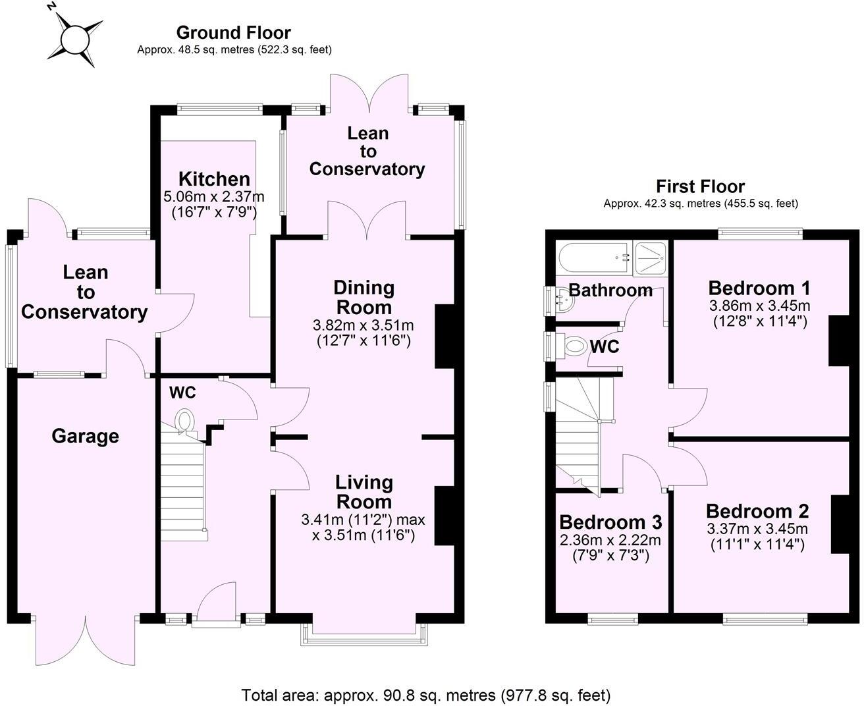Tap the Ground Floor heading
(233, 32)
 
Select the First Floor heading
(700, 186)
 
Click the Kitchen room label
(214, 179)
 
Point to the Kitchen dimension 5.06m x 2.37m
(213, 196)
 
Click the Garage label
(85, 436)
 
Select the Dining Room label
(364, 297)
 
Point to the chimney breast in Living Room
(445, 516)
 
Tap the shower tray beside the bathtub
(651, 258)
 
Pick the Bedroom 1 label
(759, 288)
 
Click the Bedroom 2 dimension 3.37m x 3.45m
(757, 529)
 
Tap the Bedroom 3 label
(610, 522)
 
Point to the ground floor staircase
(184, 481)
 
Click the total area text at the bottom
(426, 695)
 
